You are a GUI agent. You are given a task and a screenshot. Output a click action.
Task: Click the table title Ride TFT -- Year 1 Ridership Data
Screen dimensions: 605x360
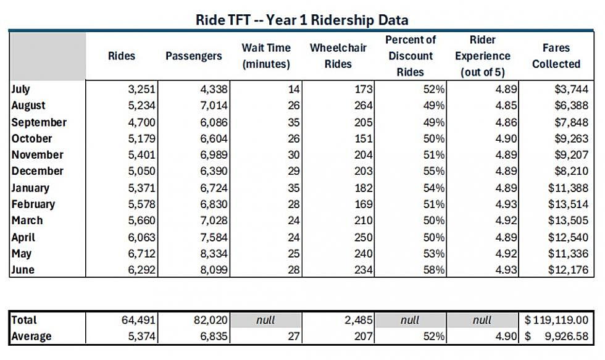(302, 20)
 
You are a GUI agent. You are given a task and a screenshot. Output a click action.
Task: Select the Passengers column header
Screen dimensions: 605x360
(194, 56)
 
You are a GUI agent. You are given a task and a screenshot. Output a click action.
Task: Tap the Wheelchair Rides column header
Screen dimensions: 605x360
(338, 56)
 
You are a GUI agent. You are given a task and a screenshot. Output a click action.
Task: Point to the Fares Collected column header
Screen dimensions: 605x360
(556, 56)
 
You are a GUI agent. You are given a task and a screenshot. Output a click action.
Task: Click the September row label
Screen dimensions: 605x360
(39, 122)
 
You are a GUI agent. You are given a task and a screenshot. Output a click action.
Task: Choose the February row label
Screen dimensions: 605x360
(33, 204)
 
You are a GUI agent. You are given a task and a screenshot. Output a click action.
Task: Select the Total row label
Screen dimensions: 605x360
(24, 320)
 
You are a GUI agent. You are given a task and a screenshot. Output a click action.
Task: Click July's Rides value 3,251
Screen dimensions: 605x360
(141, 89)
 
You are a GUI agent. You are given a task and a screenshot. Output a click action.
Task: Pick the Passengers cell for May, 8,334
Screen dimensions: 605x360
(214, 254)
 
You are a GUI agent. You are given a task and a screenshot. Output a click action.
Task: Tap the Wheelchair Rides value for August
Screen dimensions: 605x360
(364, 106)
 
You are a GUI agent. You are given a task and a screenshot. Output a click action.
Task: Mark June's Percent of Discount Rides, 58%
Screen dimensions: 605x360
(433, 270)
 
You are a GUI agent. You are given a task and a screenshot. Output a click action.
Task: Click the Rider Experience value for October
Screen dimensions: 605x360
(506, 138)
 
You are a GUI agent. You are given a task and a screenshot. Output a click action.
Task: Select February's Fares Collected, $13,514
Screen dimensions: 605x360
(568, 204)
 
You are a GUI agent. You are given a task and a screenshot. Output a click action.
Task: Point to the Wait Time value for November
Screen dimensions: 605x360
(294, 155)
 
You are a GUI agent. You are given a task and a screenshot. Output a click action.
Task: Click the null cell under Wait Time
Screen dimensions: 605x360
(265, 320)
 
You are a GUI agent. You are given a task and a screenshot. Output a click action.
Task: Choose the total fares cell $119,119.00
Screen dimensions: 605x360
(556, 320)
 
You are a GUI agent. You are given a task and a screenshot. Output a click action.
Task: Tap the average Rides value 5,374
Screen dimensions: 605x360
(141, 336)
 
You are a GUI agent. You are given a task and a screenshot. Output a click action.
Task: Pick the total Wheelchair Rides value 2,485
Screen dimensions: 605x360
(359, 320)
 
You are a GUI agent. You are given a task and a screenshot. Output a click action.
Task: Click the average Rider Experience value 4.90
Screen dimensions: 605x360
(506, 336)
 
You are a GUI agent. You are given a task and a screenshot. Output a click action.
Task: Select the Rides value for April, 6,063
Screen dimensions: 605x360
(141, 237)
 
